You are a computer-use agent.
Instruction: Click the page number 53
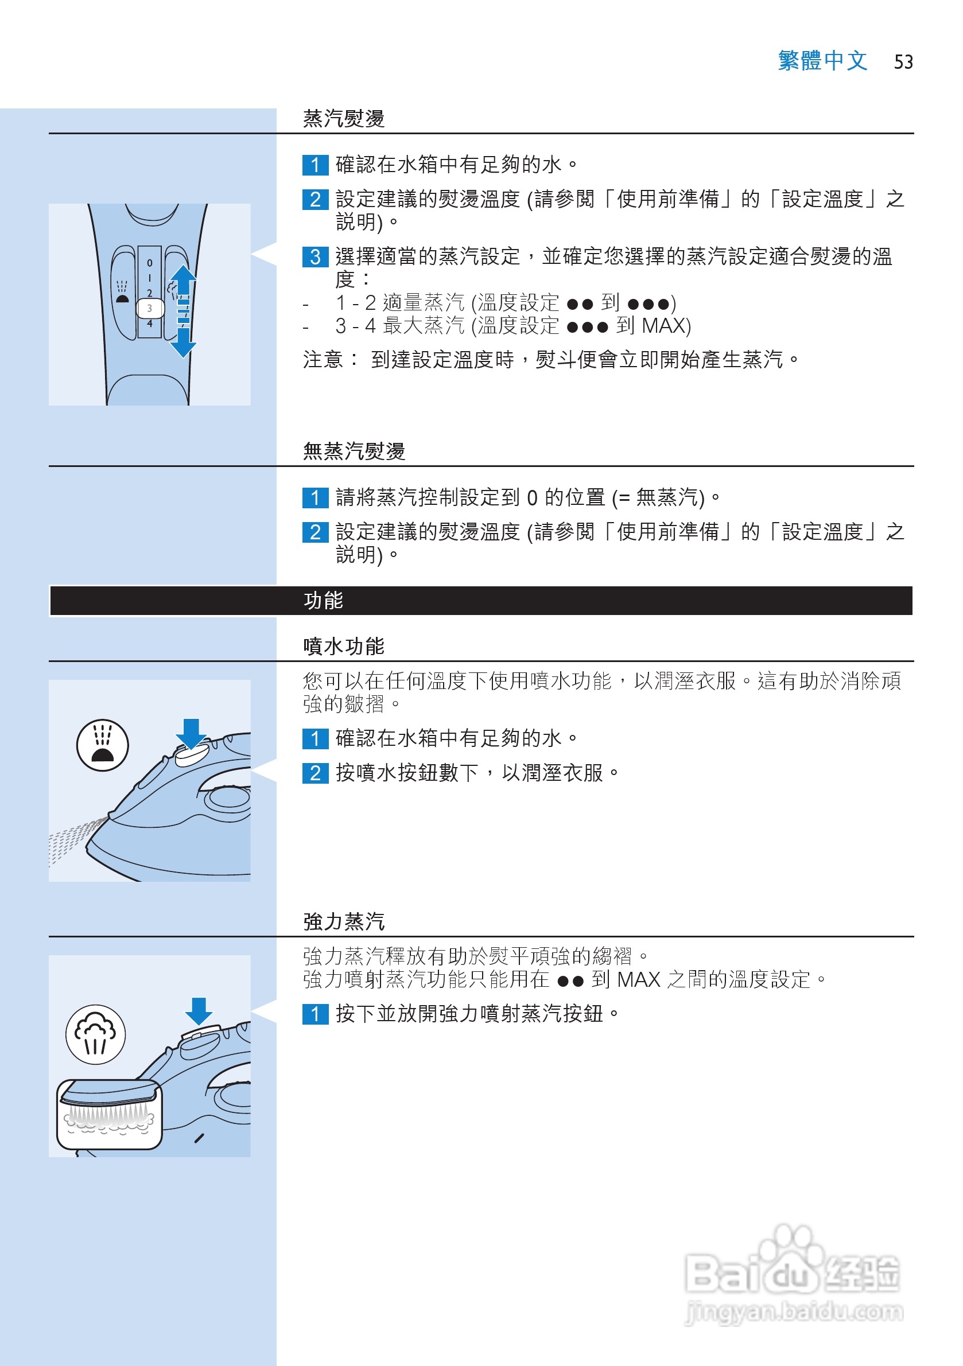click(x=903, y=62)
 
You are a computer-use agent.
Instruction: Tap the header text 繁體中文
click(x=822, y=61)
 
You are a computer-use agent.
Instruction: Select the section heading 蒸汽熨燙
click(x=343, y=118)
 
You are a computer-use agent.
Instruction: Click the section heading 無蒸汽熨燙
click(x=354, y=451)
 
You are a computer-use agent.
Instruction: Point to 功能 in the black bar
click(x=323, y=600)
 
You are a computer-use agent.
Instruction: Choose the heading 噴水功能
click(x=343, y=646)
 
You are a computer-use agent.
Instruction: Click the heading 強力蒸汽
click(x=343, y=921)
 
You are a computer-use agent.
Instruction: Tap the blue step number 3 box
click(x=315, y=256)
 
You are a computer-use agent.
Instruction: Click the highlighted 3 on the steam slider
click(x=150, y=308)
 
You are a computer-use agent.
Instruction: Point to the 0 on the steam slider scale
click(x=149, y=263)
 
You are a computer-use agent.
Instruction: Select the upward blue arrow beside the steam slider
click(x=183, y=279)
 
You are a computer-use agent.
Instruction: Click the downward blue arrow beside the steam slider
click(x=183, y=343)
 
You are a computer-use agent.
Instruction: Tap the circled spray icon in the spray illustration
click(x=102, y=745)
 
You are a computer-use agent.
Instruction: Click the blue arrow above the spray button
click(x=191, y=734)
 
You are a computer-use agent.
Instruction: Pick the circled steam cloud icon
click(x=95, y=1034)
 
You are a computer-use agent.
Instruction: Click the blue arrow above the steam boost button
click(x=199, y=1011)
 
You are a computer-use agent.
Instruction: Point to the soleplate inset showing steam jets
click(x=110, y=1114)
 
